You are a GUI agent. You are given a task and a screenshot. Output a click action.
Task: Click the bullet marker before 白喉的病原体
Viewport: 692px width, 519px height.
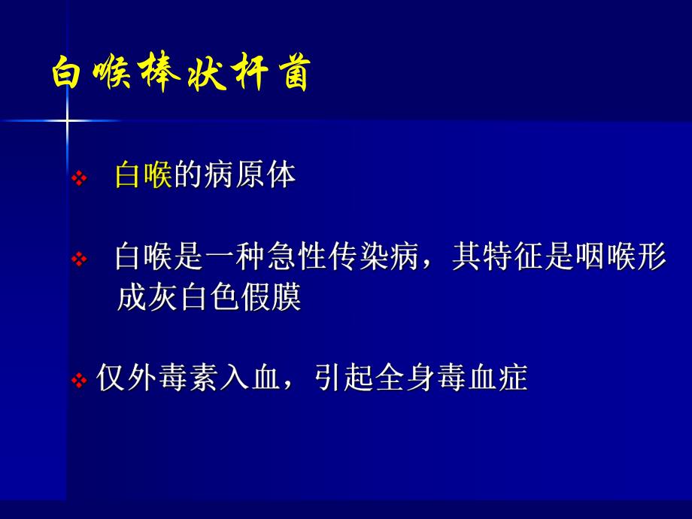(x=79, y=179)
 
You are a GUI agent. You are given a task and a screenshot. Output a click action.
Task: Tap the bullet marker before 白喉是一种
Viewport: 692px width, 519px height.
(x=79, y=260)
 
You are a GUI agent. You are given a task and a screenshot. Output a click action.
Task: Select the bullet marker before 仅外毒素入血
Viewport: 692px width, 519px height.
(x=79, y=381)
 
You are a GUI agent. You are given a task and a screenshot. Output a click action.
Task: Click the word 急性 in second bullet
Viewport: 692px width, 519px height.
(x=296, y=258)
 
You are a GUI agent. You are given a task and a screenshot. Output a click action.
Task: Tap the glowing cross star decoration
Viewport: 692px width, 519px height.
(x=67, y=120)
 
